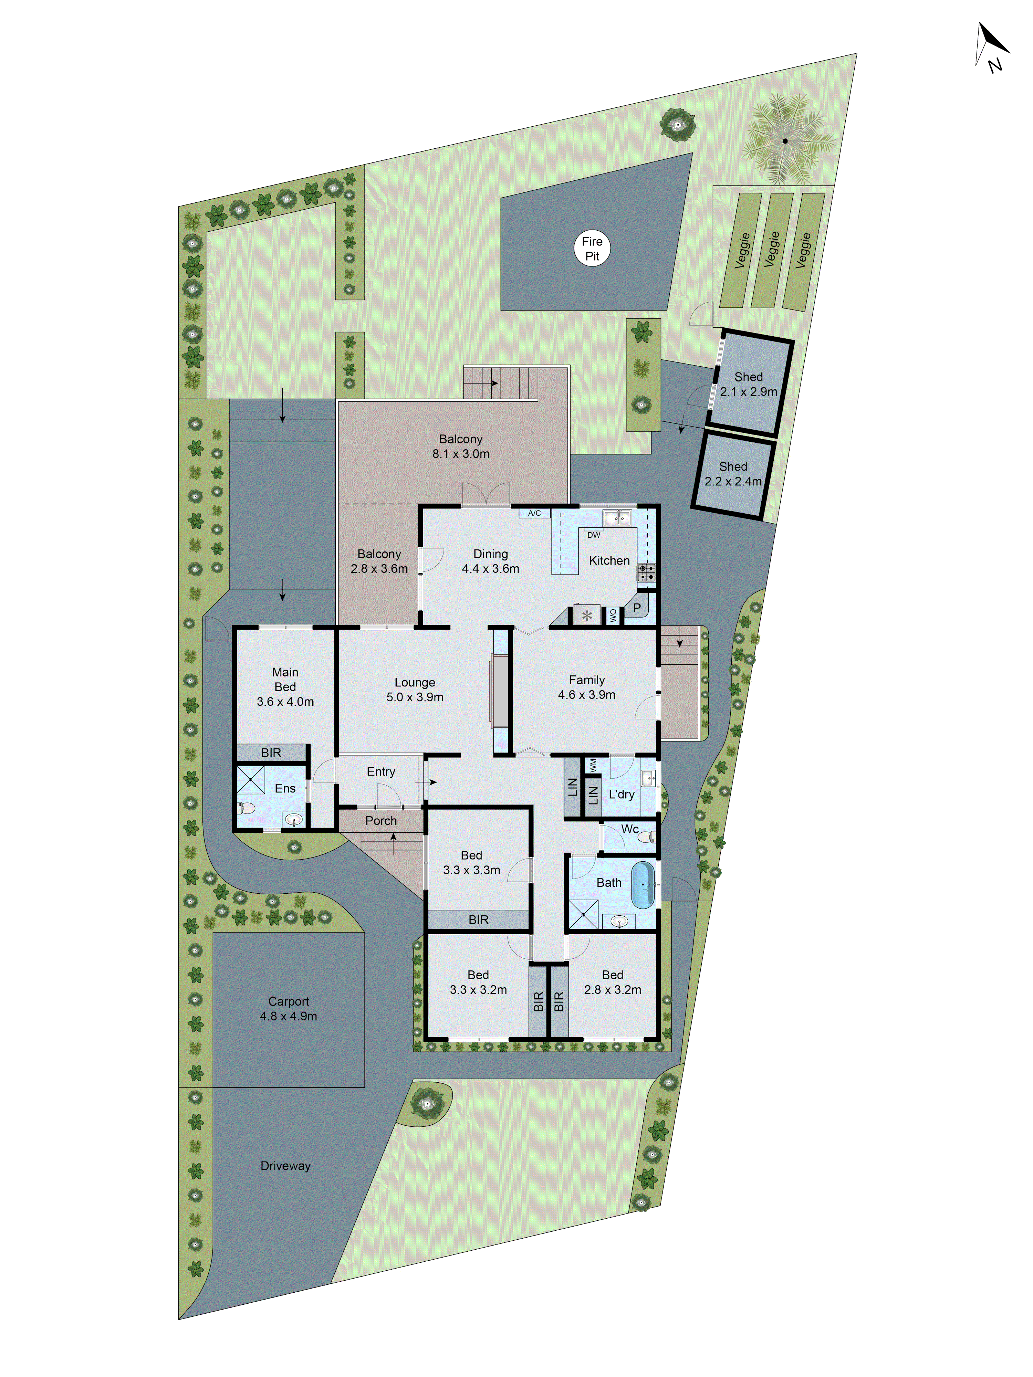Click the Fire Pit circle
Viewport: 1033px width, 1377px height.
[x=592, y=249]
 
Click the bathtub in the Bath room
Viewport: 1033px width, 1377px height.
[x=643, y=885]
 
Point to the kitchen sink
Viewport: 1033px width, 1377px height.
[x=616, y=517]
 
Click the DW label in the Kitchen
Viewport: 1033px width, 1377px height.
[x=593, y=535]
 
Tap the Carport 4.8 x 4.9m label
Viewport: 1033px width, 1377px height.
[x=288, y=1008]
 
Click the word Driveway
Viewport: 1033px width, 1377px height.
[x=285, y=1166]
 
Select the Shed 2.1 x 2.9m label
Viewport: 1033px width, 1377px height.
[x=749, y=384]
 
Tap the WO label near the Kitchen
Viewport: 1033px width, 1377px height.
[x=613, y=615]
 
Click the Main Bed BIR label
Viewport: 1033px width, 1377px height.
[x=271, y=753]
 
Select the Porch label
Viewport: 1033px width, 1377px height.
[x=380, y=820]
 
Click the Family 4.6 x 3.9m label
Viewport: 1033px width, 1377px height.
[x=586, y=687]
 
